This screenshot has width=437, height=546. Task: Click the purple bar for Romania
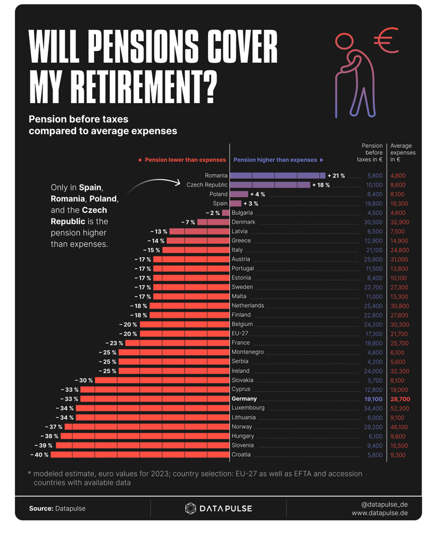(277, 175)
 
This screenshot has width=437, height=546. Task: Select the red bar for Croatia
(140, 455)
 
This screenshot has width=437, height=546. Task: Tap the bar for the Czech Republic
(270, 185)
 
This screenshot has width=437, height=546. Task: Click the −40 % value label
(39, 455)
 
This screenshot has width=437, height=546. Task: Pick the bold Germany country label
(244, 399)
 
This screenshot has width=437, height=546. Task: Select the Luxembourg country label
(248, 408)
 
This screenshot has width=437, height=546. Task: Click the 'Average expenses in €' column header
(403, 153)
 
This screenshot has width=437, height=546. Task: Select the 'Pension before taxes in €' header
(370, 153)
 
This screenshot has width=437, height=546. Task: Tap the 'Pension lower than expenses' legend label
(185, 160)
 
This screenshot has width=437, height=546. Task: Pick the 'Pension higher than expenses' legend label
(275, 160)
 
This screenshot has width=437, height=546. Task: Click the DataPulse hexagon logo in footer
(190, 508)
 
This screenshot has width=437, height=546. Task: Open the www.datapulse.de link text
(380, 513)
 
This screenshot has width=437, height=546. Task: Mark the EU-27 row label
(241, 334)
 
